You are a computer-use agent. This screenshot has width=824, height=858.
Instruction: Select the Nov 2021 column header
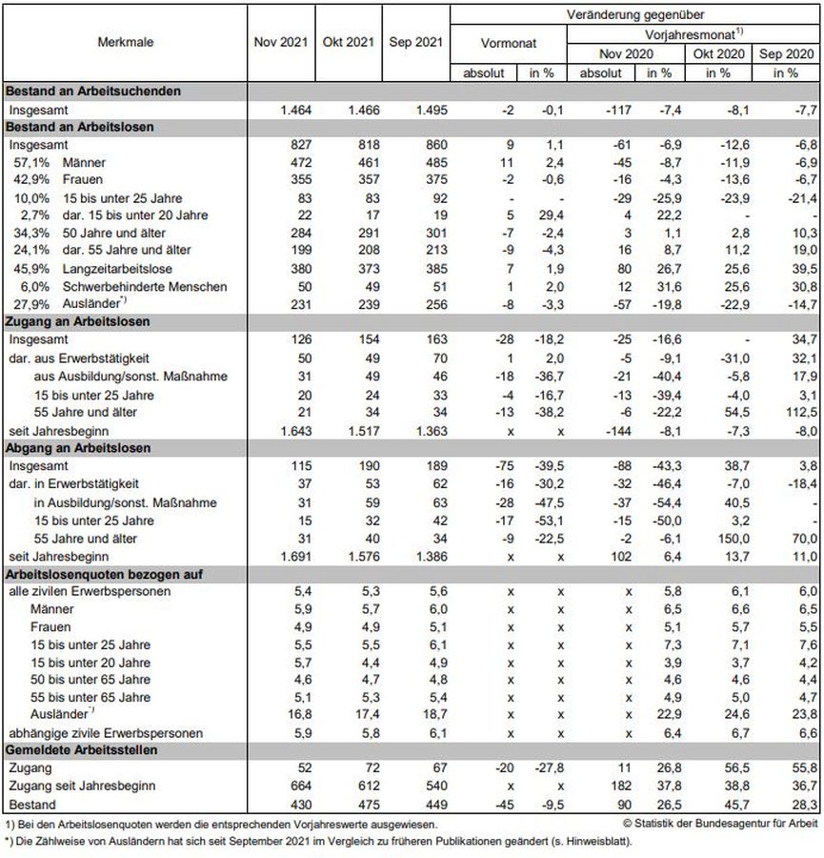tap(281, 43)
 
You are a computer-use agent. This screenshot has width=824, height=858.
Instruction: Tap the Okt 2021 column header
tap(349, 43)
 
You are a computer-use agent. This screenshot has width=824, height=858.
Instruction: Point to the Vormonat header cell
tap(509, 43)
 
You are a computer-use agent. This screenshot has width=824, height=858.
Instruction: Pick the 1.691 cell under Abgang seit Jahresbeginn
tap(293, 555)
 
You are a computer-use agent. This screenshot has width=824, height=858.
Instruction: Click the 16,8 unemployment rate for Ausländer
tap(297, 715)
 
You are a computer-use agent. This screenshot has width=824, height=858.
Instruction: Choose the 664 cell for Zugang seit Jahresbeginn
tap(298, 786)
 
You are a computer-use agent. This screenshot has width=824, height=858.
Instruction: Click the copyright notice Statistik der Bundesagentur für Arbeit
tap(722, 823)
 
